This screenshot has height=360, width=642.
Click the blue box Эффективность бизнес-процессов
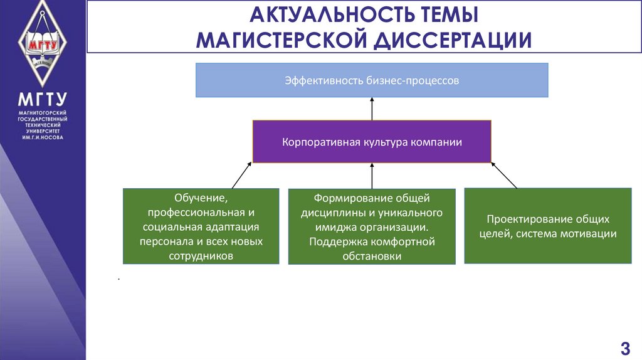click(372, 80)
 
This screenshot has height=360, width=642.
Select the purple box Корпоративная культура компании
click(372, 142)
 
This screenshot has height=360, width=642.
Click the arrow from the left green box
click(243, 175)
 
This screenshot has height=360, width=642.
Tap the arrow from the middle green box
click(372, 176)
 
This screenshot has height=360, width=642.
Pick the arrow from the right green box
click(504, 176)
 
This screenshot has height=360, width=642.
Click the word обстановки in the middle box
click(372, 257)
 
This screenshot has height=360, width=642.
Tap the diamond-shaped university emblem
click(43, 44)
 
